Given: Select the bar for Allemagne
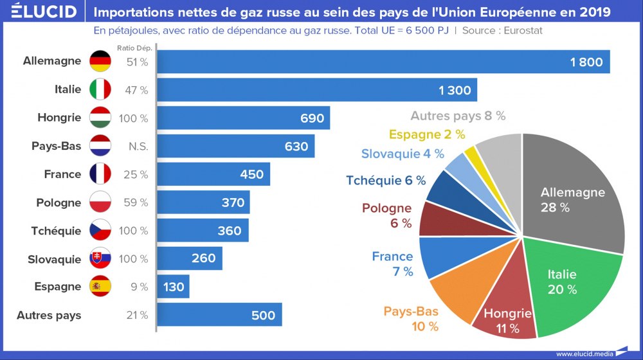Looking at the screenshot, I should [383, 62].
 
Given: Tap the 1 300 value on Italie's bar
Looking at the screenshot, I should [455, 91].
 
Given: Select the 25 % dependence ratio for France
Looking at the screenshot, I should [136, 174].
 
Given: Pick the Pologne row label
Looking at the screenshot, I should [59, 203].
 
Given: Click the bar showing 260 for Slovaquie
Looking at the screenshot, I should [190, 259].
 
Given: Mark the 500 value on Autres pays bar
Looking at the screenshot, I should [263, 315].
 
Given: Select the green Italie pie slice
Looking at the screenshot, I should [566, 283].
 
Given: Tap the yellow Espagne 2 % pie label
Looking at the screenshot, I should [426, 134].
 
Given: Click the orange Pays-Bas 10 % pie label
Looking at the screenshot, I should [412, 319].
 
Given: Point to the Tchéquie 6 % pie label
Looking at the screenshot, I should [385, 181].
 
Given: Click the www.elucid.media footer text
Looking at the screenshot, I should [583, 354].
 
